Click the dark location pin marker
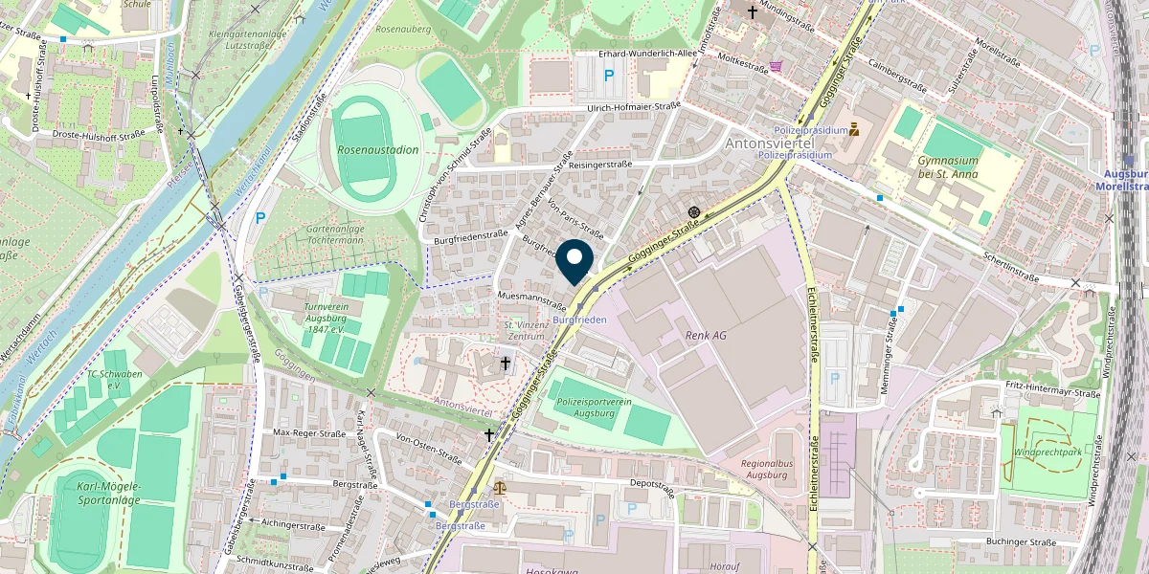574,259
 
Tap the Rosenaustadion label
378,150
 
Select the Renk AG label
706,336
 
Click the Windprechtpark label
1048,451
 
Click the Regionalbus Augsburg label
770,469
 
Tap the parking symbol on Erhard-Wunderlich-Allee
607,75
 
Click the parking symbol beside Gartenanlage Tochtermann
259,219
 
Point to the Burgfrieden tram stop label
579,319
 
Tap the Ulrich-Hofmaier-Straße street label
634,107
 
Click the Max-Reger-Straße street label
309,433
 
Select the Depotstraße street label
653,489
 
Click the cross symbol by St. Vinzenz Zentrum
506,363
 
